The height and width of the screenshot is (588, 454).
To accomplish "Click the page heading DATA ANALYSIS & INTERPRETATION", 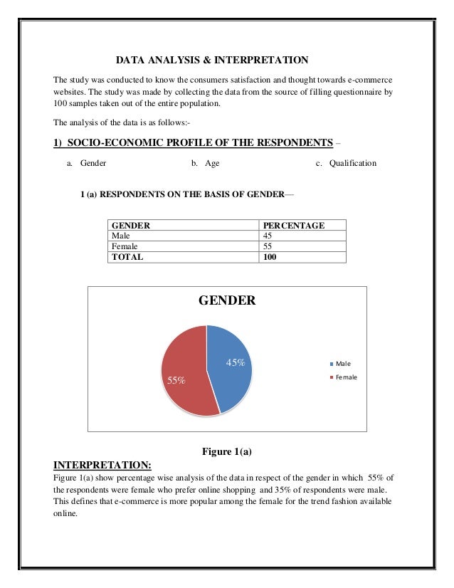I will pyautogui.click(x=213, y=59).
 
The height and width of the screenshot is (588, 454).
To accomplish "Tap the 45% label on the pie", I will pyautogui.click(x=235, y=362).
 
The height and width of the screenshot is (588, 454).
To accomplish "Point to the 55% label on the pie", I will pyautogui.click(x=176, y=380).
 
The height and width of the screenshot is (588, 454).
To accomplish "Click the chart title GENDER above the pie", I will pyautogui.click(x=226, y=300).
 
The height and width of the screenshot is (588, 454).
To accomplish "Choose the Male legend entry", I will pyautogui.click(x=342, y=364).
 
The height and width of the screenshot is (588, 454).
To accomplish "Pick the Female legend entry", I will pyautogui.click(x=344, y=377).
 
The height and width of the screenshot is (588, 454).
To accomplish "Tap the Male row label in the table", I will pyautogui.click(x=121, y=236).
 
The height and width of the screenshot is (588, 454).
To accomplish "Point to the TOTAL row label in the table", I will pyautogui.click(x=127, y=257).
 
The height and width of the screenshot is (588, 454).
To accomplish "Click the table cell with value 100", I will pyautogui.click(x=270, y=257).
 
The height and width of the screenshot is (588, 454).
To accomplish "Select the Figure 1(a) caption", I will pyautogui.click(x=228, y=451).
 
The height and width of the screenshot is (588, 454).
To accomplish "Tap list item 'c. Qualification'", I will pyautogui.click(x=346, y=163).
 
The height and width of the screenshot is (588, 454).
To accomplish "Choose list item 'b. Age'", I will pyautogui.click(x=206, y=163).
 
